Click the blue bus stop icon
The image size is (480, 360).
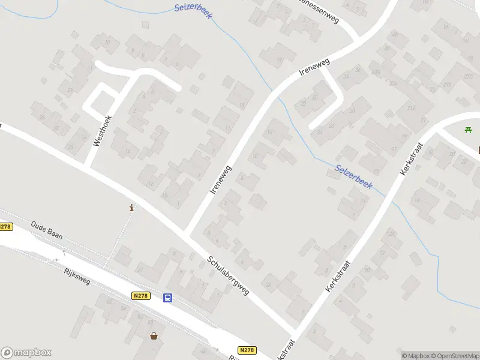[168, 298]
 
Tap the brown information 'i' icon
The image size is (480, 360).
[131, 208]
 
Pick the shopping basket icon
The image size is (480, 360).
[154, 336]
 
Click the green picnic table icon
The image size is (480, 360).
[468, 130]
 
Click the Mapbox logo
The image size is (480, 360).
[26, 353]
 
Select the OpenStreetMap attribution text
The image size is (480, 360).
[457, 356]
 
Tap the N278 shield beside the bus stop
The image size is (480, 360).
[140, 296]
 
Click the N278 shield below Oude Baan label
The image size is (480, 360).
[5, 227]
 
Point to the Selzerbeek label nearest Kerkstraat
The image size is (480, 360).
[354, 178]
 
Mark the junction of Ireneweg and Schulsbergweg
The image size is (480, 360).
[188, 234]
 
